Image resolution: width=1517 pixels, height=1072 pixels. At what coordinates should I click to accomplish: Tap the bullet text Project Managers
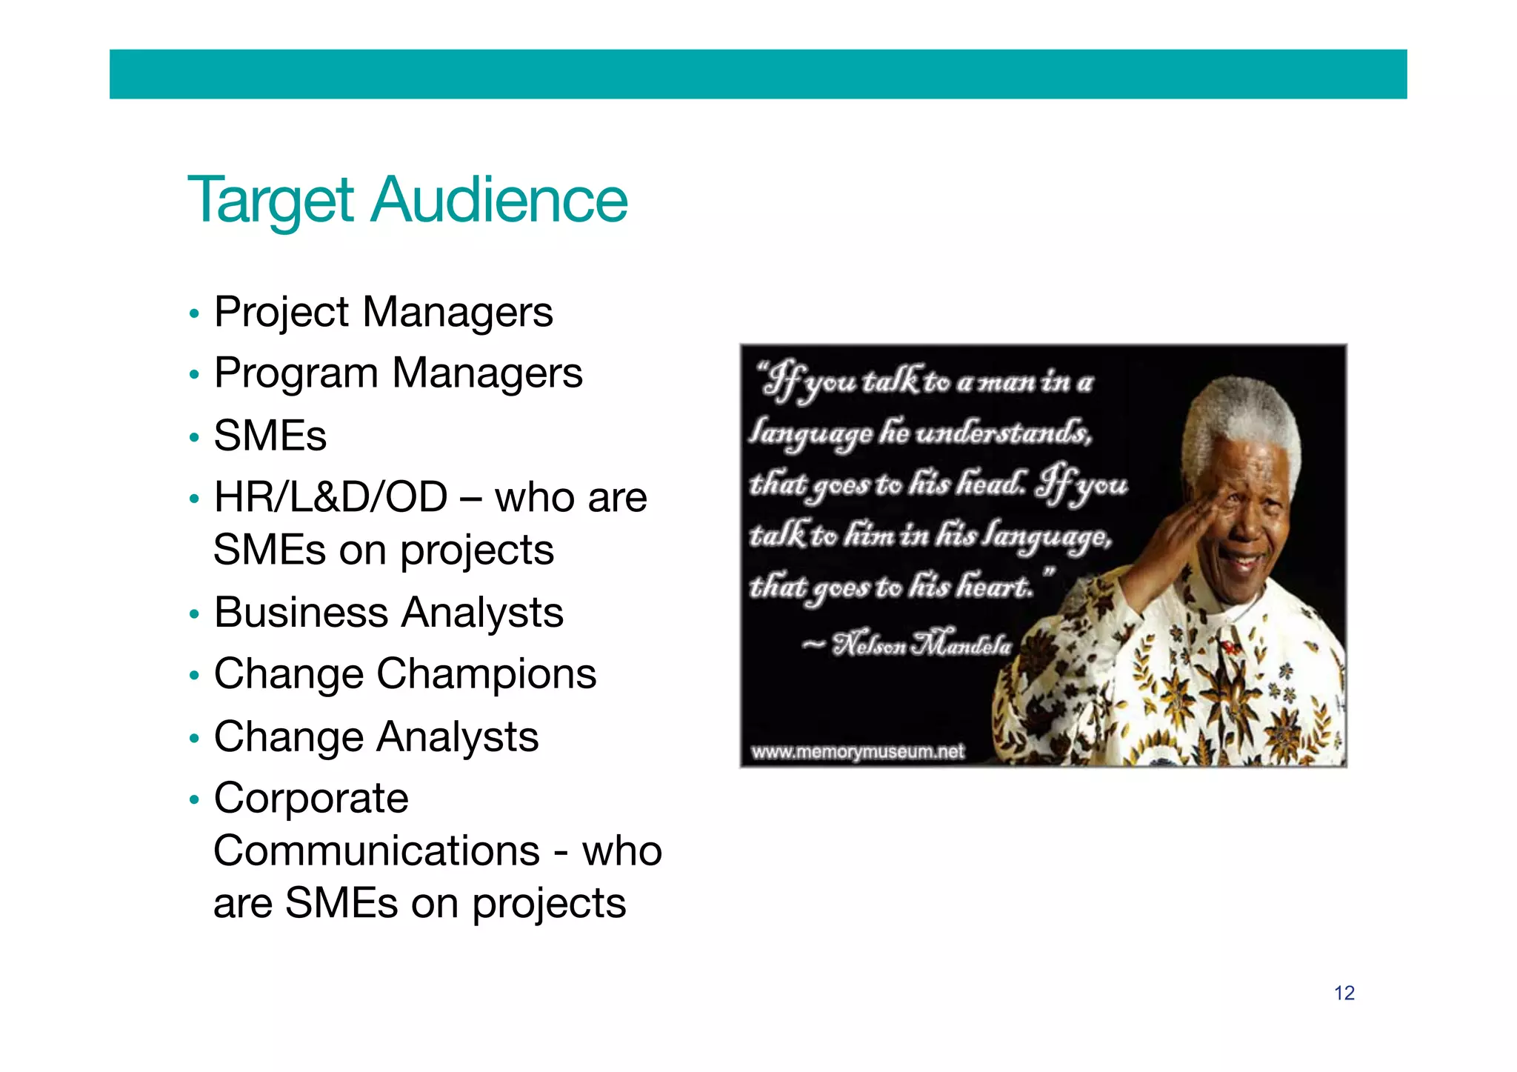(383, 312)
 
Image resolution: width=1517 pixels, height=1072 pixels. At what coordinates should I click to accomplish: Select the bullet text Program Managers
(398, 373)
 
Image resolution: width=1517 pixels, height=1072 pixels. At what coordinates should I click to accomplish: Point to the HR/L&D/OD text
(330, 497)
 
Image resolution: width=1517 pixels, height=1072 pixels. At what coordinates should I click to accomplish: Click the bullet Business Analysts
(388, 613)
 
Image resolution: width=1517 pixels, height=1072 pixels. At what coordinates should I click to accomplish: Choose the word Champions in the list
(487, 674)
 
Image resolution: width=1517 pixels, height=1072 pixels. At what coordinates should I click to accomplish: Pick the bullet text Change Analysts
(376, 737)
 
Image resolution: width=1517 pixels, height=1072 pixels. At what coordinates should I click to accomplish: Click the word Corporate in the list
(311, 799)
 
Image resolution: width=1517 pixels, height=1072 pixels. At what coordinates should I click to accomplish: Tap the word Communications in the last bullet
(376, 850)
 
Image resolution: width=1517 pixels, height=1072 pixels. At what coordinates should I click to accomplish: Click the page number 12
(1344, 993)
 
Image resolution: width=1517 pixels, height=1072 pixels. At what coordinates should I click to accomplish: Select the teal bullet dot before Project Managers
(194, 314)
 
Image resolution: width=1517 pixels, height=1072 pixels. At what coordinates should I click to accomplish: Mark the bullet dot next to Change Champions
(194, 676)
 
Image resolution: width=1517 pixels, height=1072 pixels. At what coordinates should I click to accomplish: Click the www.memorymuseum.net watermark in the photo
(857, 752)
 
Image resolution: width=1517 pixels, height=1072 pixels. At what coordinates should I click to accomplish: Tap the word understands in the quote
(1003, 432)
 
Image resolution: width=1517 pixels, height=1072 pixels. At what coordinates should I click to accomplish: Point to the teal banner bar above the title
(758, 74)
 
